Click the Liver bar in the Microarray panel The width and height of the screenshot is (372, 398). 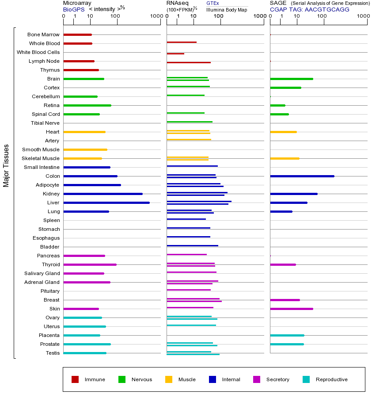106,203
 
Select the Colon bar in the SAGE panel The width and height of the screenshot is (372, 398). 302,176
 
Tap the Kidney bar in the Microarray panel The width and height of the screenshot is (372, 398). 103,194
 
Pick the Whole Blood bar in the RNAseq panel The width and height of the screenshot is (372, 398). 182,42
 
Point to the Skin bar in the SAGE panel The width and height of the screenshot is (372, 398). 291,309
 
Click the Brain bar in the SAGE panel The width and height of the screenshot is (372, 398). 291,79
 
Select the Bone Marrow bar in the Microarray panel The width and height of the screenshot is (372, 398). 78,34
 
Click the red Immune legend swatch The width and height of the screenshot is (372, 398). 75,379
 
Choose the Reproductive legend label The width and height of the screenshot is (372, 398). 331,379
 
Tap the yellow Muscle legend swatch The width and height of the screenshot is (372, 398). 169,379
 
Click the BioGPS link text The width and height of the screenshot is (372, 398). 73,9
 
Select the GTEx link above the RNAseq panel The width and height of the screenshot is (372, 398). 213,3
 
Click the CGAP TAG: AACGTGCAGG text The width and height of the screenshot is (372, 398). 309,9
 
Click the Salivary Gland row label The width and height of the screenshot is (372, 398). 42,273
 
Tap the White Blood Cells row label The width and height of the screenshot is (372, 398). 38,52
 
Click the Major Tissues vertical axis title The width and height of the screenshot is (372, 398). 6,165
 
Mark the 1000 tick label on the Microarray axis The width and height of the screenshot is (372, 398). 156,16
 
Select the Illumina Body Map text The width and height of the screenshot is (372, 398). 227,9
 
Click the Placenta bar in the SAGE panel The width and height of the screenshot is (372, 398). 287,335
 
